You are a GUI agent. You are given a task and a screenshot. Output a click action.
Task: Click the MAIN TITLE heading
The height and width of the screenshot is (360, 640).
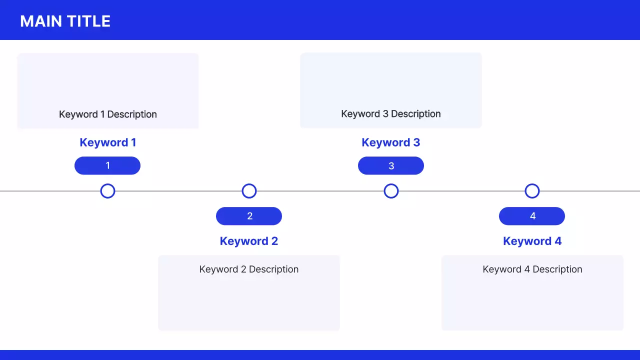pos(65,21)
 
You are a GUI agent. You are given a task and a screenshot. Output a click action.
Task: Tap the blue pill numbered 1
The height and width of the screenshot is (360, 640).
pos(107,165)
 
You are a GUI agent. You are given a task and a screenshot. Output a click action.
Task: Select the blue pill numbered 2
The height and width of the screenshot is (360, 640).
pos(249,216)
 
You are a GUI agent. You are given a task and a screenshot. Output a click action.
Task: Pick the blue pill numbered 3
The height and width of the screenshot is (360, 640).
pos(391,165)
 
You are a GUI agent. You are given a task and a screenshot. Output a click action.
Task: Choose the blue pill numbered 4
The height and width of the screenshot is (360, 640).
pos(532,216)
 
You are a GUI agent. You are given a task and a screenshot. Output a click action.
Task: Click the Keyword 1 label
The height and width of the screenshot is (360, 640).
pos(107,142)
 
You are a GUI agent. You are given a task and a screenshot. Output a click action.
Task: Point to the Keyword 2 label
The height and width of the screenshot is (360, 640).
pos(249,241)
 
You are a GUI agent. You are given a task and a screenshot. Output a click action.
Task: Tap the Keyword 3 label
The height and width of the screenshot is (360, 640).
pos(391,142)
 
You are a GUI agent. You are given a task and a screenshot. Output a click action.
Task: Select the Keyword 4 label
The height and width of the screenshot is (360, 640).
pos(532,241)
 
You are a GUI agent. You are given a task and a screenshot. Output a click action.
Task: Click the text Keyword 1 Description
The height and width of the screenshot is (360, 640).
pos(108,114)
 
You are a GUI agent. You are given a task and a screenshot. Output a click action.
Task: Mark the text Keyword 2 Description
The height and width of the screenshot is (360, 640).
pos(249,269)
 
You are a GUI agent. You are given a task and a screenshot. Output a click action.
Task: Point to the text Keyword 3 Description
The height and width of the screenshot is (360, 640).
pos(391,113)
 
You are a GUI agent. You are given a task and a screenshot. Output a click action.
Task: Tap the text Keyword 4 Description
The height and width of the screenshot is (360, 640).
pos(532,269)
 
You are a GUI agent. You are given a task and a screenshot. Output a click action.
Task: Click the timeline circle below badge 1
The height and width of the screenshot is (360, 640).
pos(107,191)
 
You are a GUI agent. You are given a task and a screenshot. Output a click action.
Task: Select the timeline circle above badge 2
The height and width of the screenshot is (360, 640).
pos(249,191)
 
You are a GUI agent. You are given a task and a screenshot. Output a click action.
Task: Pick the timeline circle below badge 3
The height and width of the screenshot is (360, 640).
pos(391,191)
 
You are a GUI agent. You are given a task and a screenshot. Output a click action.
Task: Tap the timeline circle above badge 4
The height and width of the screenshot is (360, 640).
pos(532,191)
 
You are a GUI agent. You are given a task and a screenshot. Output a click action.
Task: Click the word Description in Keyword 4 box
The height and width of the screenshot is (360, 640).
pos(557,269)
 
